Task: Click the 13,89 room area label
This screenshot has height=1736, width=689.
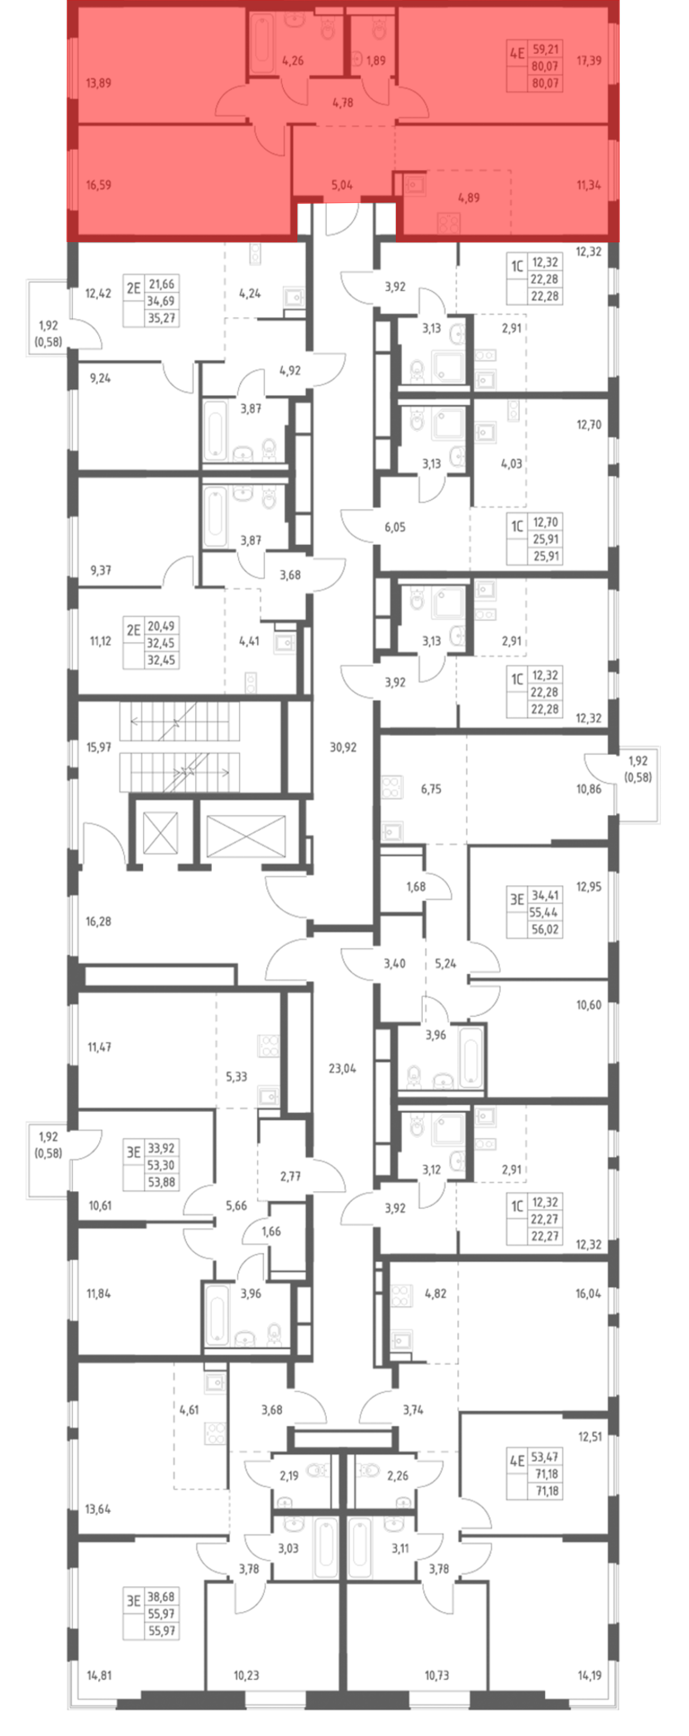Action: (x=99, y=83)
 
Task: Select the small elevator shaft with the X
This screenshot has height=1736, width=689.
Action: (x=161, y=833)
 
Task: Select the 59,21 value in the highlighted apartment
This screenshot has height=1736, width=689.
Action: (x=545, y=49)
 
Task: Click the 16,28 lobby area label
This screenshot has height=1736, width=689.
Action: (x=99, y=921)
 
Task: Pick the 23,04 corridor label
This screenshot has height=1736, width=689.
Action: (x=342, y=1068)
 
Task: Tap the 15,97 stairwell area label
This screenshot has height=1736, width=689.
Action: (x=99, y=747)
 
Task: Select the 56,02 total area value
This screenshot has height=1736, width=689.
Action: (x=545, y=929)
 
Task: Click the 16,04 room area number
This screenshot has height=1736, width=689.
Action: (x=588, y=1293)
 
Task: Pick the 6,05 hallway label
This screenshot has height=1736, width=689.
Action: (x=395, y=527)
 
